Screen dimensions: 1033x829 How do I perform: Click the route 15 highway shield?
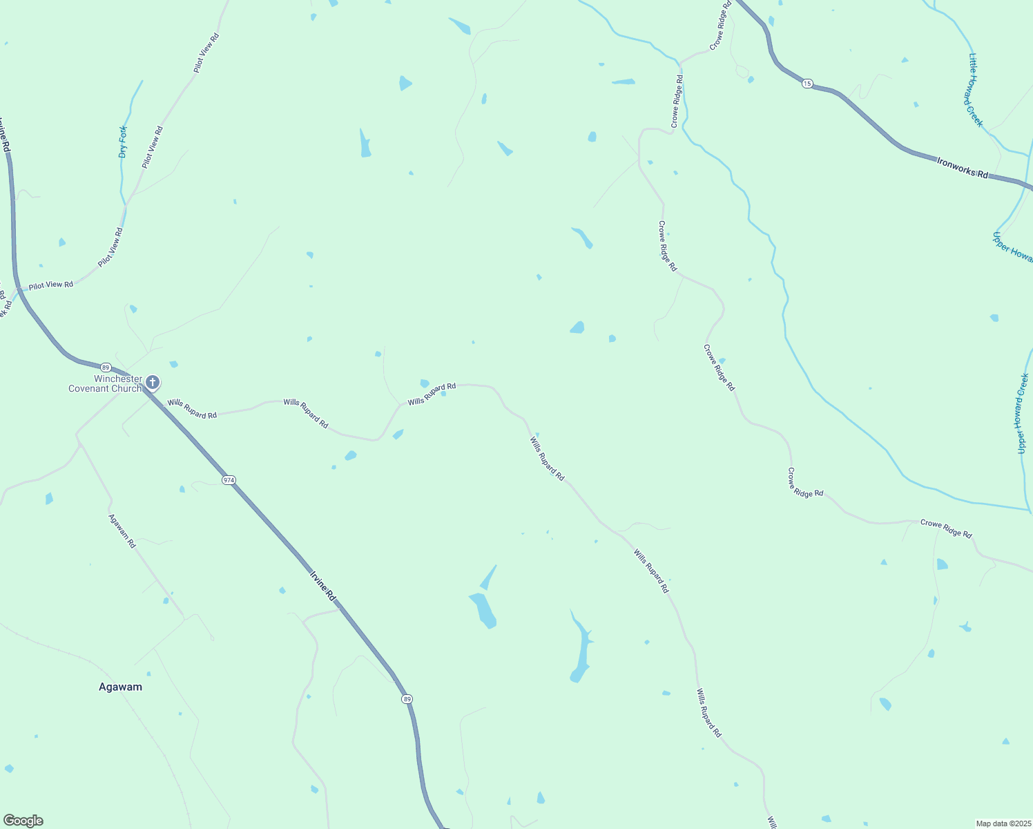pos(807,84)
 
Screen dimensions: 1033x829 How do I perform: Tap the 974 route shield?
pos(229,479)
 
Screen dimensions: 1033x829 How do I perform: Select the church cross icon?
pos(153,382)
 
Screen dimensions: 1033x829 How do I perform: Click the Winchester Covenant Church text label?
pos(105,384)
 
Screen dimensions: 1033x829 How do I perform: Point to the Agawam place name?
pos(120,687)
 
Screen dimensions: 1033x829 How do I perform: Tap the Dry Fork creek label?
pos(123,142)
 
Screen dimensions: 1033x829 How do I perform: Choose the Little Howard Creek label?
pos(975,90)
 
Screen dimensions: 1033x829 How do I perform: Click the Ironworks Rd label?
pos(963,167)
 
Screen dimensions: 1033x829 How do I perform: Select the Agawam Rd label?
pos(122,531)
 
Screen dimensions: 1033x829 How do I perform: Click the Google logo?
pos(23,821)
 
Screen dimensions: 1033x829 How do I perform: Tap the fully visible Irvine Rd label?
pos(322,584)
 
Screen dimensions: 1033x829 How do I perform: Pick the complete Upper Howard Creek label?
pos(1023,413)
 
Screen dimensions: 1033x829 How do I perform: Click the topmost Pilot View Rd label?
pos(206,53)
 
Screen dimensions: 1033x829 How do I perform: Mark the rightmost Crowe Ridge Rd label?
pos(946,529)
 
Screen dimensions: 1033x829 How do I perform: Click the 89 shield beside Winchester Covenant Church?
pos(105,367)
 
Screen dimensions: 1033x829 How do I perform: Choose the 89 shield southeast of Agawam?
pos(407,699)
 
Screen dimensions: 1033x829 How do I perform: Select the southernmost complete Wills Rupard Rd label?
pos(708,713)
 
